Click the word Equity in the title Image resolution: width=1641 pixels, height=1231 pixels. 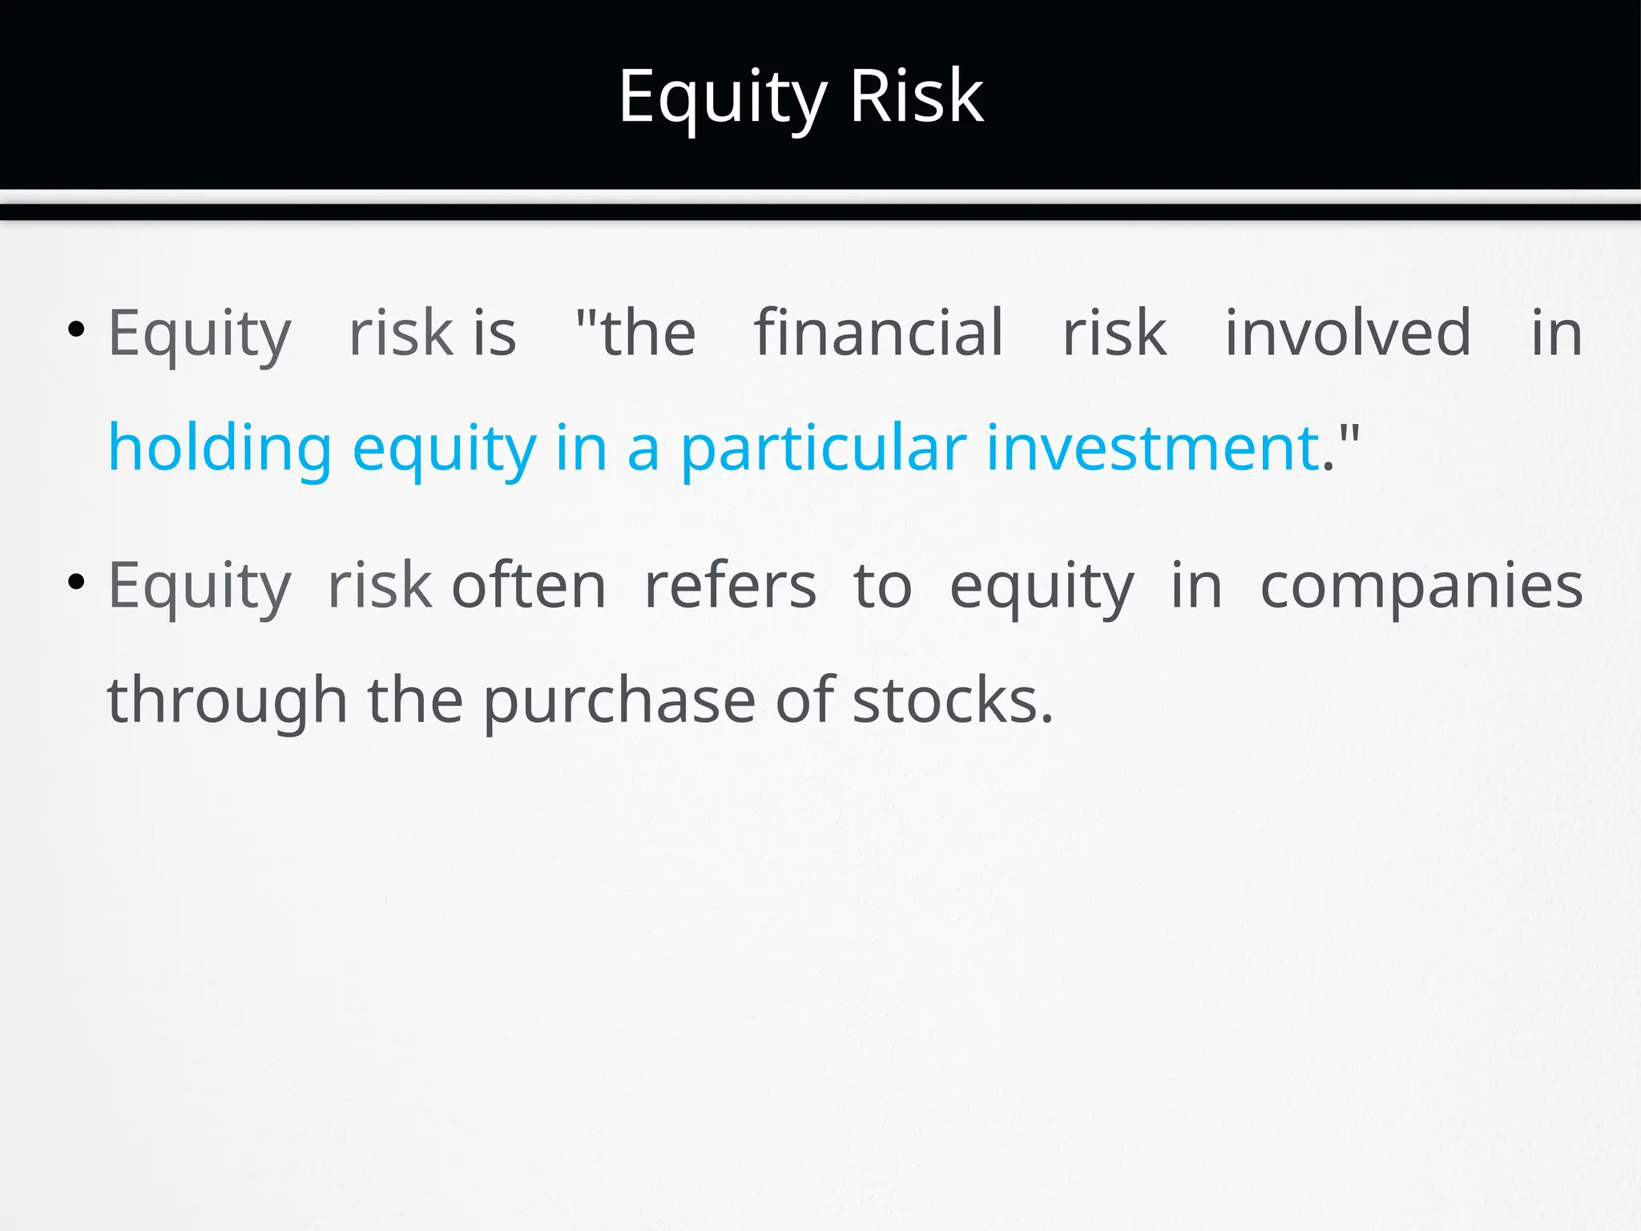(722, 97)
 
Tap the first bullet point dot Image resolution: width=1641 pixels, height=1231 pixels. (76, 329)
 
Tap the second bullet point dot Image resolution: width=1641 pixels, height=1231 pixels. (76, 582)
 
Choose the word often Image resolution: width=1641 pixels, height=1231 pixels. (529, 585)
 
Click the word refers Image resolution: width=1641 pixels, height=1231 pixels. (730, 585)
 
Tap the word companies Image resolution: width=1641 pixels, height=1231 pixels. (1421, 587)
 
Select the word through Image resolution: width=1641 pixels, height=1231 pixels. (227, 700)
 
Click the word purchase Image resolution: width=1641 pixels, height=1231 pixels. (619, 700)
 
